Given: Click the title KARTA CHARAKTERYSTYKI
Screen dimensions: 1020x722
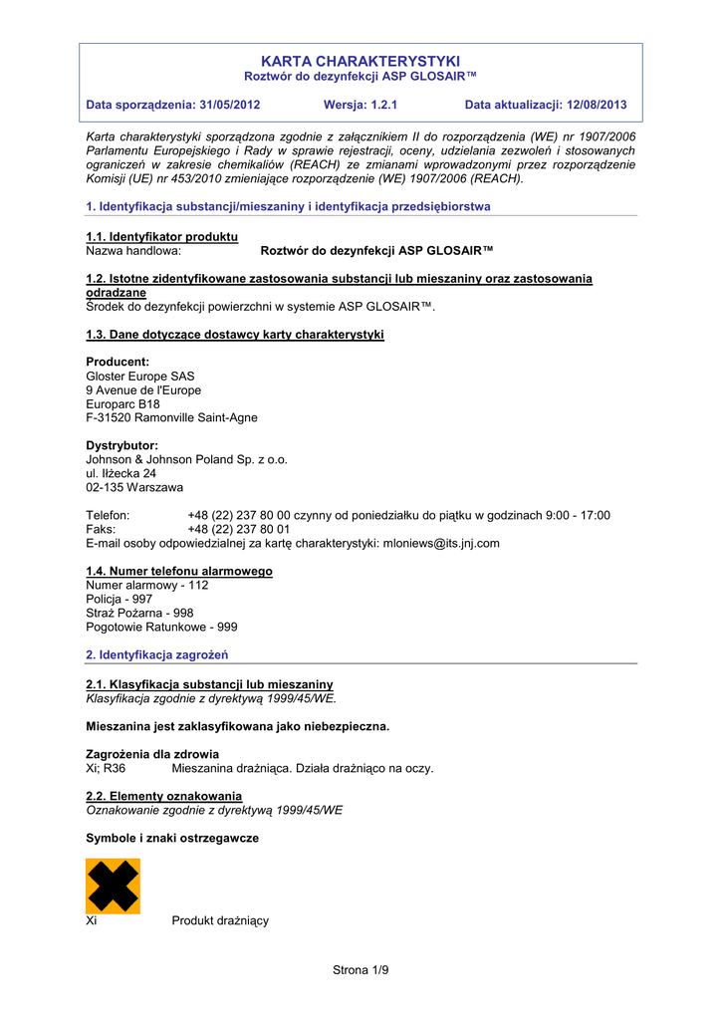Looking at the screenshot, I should coord(361,62).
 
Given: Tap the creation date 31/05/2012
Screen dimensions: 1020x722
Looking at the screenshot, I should coord(229,105).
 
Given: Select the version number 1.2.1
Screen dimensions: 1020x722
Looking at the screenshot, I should coord(379,105).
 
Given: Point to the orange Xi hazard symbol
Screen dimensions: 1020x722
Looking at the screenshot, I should coord(113,886).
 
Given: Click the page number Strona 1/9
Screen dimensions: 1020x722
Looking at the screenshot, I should coord(361,969).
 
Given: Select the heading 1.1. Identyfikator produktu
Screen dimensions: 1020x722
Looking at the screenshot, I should coord(162,236).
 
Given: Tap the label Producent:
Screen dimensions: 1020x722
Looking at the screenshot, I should coord(118,362).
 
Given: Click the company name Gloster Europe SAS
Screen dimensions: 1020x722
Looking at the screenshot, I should coord(140,377).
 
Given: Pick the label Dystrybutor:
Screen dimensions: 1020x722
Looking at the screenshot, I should coord(122,445).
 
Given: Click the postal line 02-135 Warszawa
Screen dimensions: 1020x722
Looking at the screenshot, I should coord(134,487).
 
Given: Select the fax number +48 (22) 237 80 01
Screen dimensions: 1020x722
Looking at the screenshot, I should coord(239,529).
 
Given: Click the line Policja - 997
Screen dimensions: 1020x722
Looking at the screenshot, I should coord(120,599).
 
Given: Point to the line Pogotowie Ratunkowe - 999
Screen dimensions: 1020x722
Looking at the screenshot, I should coord(161,627).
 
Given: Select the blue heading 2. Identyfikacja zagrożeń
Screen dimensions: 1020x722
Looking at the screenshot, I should coord(157,654).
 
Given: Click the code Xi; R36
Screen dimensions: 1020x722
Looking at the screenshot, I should coord(107,768).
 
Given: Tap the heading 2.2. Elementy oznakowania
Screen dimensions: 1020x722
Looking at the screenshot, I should coord(164,796).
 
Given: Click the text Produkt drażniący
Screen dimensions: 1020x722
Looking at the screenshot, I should coord(220,921).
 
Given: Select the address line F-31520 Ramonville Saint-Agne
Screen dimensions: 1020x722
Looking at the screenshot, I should coord(171,417).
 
